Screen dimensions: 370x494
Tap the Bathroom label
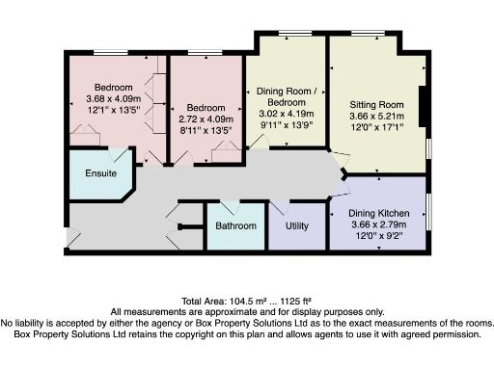click(235, 225)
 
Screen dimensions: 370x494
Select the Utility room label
click(297, 225)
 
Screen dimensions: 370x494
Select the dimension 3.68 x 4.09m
click(112, 97)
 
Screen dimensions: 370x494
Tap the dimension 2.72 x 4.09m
click(206, 119)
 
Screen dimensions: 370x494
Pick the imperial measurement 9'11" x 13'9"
click(285, 125)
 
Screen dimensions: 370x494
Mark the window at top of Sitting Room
click(363, 35)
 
